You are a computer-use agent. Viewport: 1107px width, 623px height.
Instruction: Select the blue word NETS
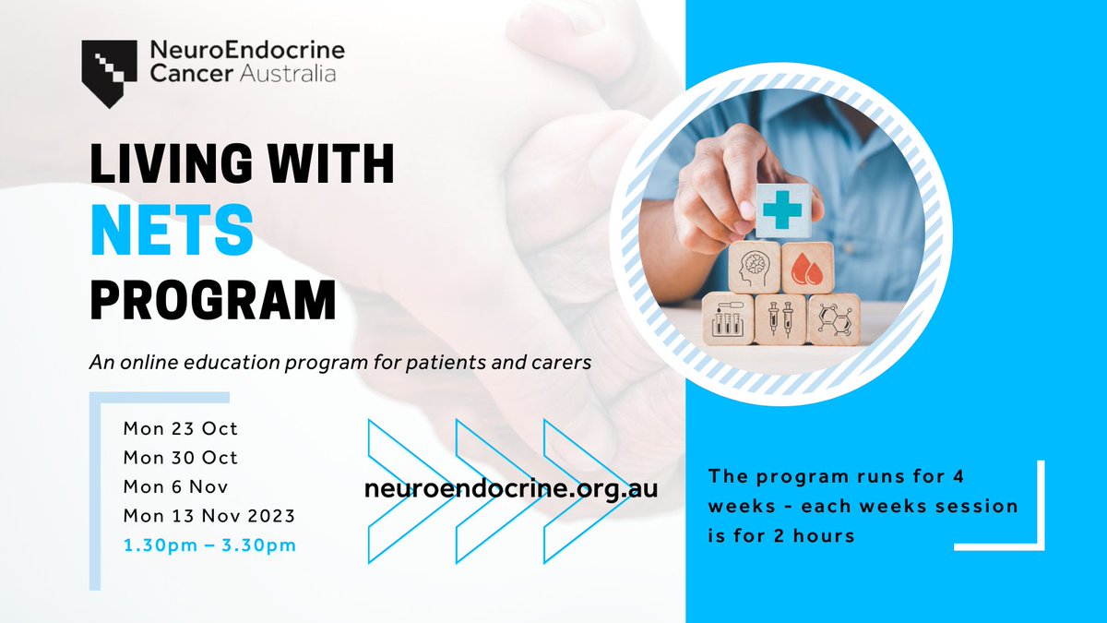[172, 232]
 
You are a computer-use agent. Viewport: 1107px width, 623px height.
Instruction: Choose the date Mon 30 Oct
[180, 458]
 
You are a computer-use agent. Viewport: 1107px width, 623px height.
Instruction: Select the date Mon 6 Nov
[175, 486]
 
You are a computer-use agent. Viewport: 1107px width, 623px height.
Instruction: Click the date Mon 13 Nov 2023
[208, 516]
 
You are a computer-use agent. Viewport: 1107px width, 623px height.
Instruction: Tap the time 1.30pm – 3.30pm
[209, 545]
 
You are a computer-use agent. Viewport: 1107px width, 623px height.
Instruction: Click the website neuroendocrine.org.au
[512, 488]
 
